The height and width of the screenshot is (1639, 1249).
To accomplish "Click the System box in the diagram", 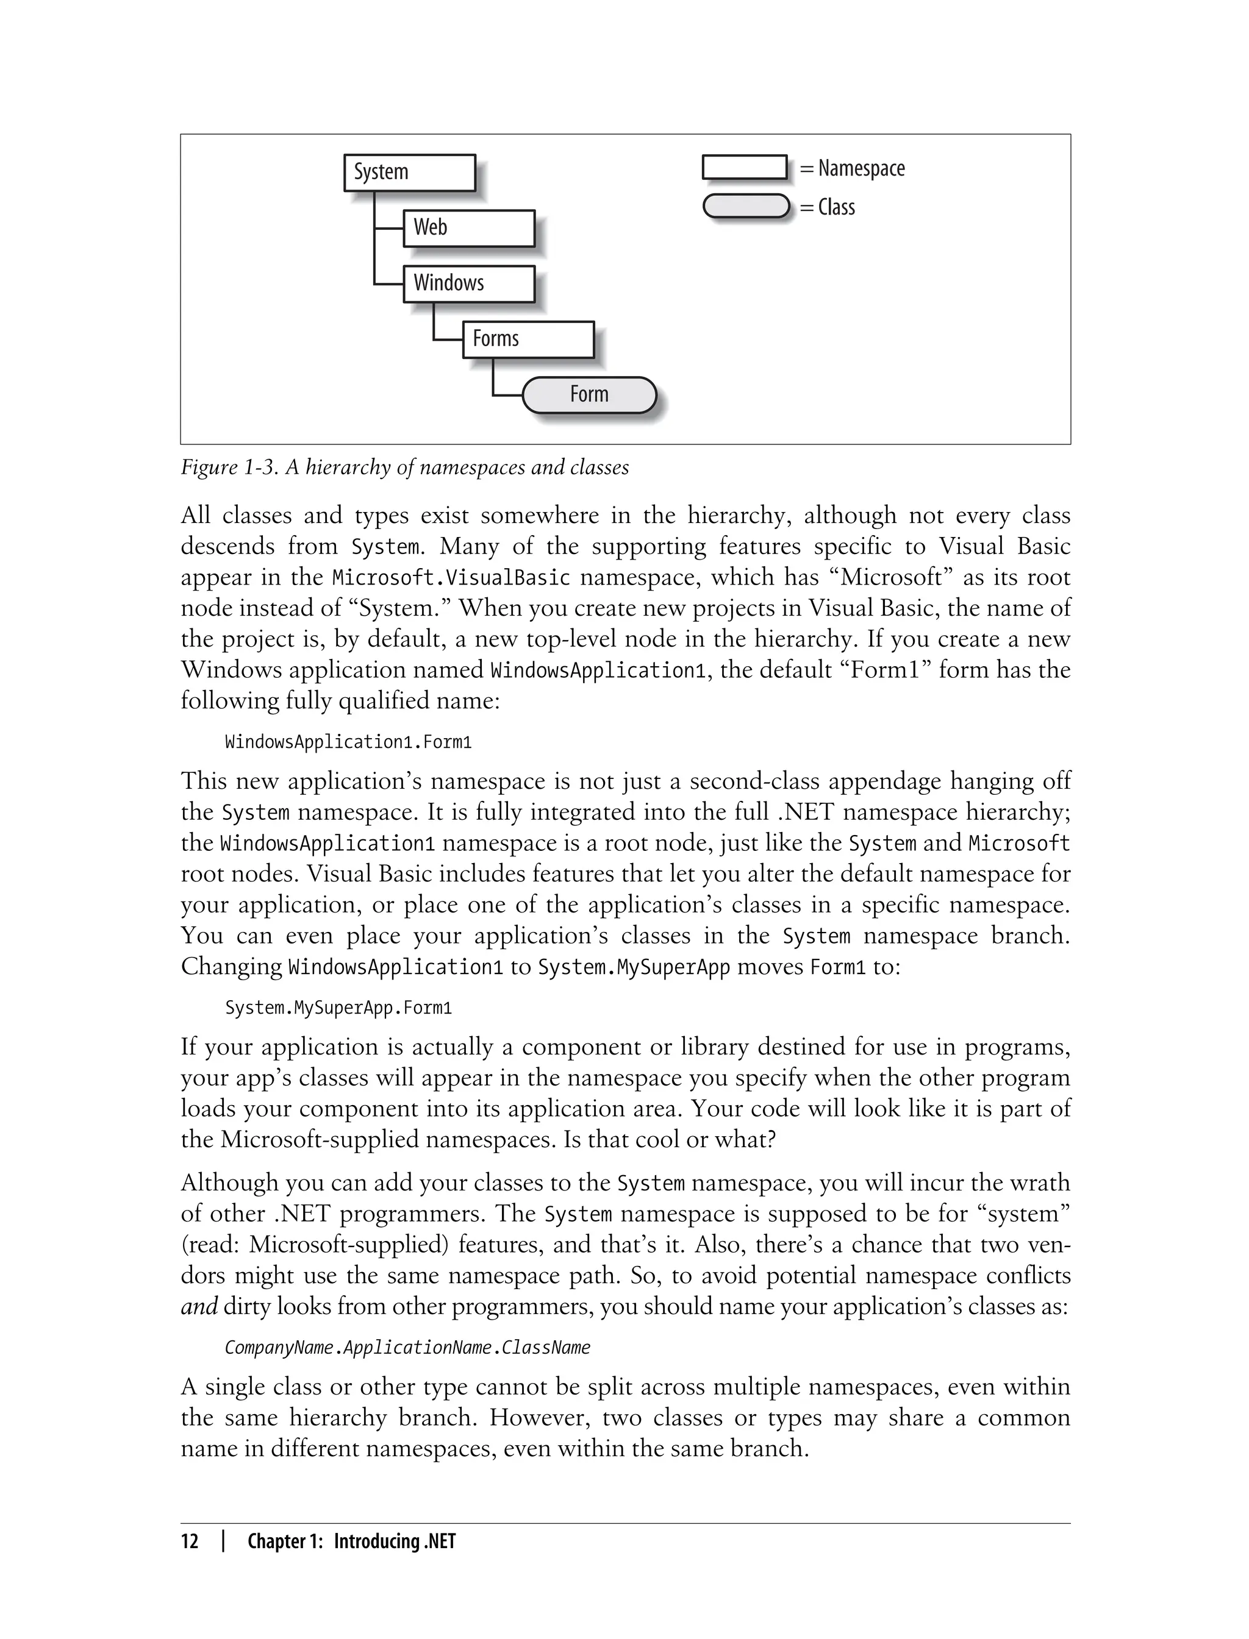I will click(x=409, y=172).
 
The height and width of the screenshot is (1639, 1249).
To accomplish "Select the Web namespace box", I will click(x=468, y=228).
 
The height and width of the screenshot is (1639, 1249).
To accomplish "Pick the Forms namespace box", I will click(x=528, y=340).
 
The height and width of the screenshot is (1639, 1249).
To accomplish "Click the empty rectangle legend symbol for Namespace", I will click(x=744, y=167).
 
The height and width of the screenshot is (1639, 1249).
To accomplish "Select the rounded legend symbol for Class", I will click(x=746, y=207).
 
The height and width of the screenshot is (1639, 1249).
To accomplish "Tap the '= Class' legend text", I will click(x=828, y=207).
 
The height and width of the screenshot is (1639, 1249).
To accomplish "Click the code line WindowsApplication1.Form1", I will click(x=348, y=742).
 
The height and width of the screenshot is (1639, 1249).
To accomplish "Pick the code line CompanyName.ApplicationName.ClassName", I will click(x=407, y=1348).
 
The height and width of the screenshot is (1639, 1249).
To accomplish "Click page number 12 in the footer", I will click(x=190, y=1541).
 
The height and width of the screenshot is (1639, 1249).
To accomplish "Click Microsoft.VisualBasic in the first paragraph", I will click(x=451, y=577).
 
